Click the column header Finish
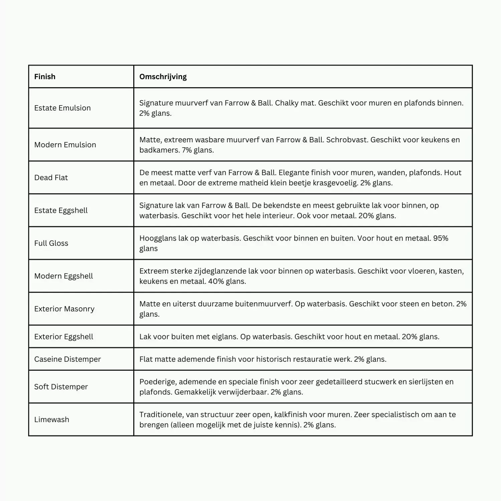pyautogui.click(x=45, y=76)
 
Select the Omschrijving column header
pyautogui.click(x=163, y=76)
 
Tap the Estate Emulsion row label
pyautogui.click(x=62, y=108)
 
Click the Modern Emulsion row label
pyautogui.click(x=65, y=145)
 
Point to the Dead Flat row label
pyautogui.click(x=51, y=177)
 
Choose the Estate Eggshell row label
pyautogui.click(x=61, y=210)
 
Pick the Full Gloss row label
pyautogui.click(x=51, y=243)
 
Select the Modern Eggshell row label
pyautogui.click(x=63, y=276)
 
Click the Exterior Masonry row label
pyautogui.click(x=64, y=309)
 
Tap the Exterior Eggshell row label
pyautogui.click(x=64, y=336)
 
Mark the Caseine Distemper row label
pyautogui.click(x=67, y=359)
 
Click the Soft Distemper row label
pyautogui.click(x=61, y=386)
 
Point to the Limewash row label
pyautogui.click(x=52, y=420)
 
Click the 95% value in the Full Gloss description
pyautogui.click(x=441, y=238)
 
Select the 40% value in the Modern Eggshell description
pyautogui.click(x=216, y=281)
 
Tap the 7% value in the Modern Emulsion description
pyautogui.click(x=187, y=150)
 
